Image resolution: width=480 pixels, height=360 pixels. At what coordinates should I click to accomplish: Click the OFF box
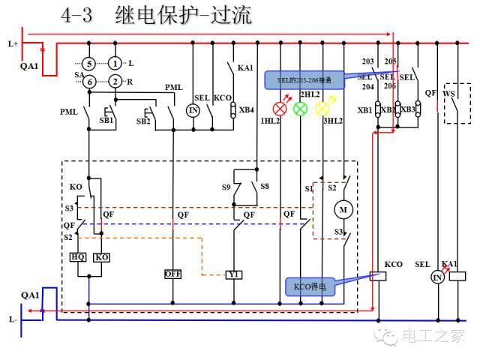174,274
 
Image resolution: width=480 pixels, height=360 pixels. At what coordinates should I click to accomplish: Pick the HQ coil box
78,256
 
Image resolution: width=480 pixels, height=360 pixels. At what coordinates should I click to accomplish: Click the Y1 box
233,274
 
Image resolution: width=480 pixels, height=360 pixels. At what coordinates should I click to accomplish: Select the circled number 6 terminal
88,82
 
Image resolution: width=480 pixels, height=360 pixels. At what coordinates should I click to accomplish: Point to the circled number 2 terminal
115,82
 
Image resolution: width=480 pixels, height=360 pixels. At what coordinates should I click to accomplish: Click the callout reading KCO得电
310,286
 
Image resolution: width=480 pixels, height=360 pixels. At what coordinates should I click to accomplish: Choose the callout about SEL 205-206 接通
298,79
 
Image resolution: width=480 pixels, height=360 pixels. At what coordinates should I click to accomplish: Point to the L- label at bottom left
13,319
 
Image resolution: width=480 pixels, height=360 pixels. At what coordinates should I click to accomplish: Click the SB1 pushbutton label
106,120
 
